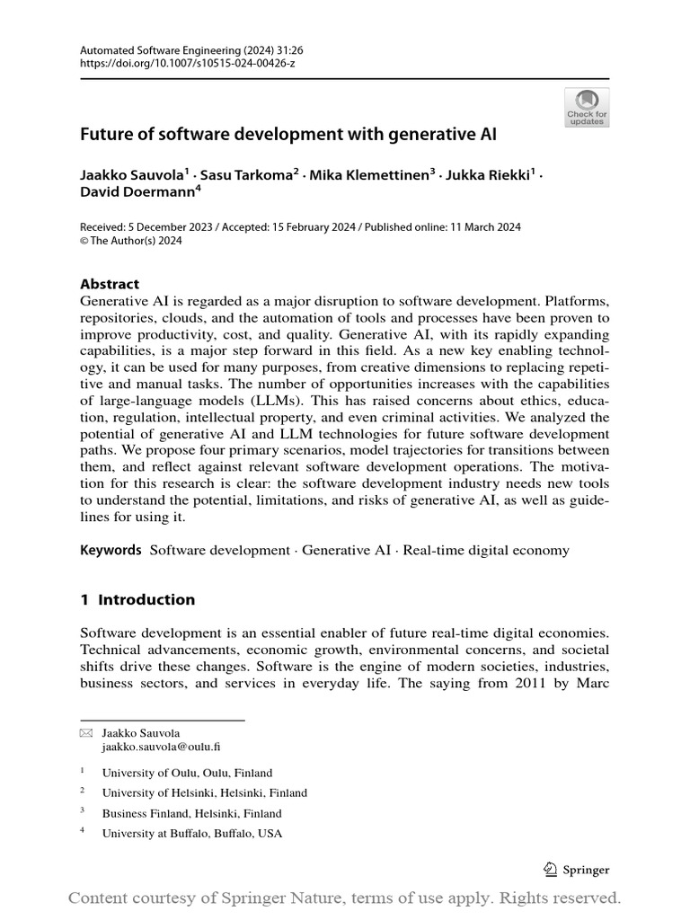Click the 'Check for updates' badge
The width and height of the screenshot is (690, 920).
(x=587, y=107)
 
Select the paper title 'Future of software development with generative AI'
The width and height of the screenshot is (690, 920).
(x=288, y=136)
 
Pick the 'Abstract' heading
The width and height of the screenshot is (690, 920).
(x=110, y=284)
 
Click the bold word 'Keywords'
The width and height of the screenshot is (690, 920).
(x=111, y=550)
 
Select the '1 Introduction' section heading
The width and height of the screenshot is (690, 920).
(x=137, y=599)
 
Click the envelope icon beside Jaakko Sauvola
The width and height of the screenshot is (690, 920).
(x=85, y=733)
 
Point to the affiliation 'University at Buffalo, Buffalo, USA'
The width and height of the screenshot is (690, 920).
(x=192, y=834)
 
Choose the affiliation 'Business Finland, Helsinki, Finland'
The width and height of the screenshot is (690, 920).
(x=192, y=813)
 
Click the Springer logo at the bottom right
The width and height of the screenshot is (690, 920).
(x=577, y=870)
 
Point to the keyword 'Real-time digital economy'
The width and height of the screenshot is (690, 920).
(x=486, y=550)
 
